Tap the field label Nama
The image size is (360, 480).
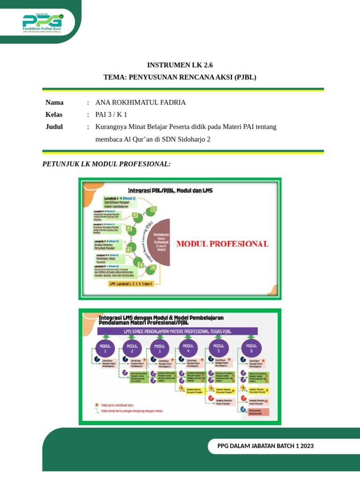(54, 102)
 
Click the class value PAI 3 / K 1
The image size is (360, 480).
(111, 114)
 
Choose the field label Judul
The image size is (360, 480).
(54, 127)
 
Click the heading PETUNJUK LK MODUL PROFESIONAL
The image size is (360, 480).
(106, 164)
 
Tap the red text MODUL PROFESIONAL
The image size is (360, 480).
(222, 244)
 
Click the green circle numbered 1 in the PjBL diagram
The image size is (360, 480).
(153, 209)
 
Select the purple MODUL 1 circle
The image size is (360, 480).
(105, 349)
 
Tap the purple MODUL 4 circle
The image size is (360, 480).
(188, 349)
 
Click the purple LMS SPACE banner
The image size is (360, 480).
(178, 331)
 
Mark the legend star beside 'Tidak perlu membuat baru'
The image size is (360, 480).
(97, 404)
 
